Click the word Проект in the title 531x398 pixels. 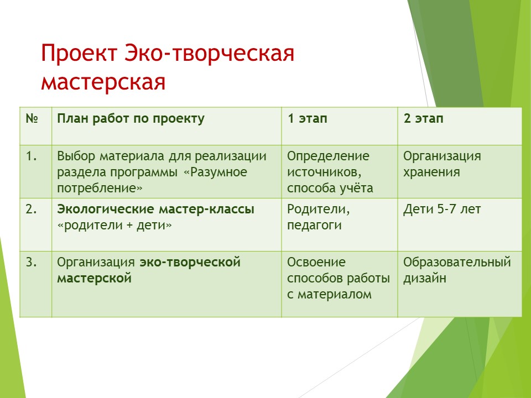point(79,54)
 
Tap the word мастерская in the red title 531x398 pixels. point(103,82)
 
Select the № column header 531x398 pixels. point(32,118)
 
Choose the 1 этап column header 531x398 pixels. point(308,119)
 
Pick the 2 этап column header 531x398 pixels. point(423,119)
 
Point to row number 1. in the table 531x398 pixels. point(32,156)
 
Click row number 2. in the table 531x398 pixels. point(32,209)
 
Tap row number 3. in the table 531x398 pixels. point(32,262)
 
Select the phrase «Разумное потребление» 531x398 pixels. point(152,180)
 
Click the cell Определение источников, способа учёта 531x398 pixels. point(330,172)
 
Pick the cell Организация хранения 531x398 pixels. point(442,164)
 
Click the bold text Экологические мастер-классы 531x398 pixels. point(155,209)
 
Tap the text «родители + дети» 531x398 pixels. point(114,225)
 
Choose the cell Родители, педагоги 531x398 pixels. point(319,217)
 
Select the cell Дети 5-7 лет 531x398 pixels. point(442,210)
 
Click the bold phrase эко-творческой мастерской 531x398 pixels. point(149,270)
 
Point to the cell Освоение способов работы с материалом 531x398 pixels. point(339,278)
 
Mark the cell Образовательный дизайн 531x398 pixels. point(457,270)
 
